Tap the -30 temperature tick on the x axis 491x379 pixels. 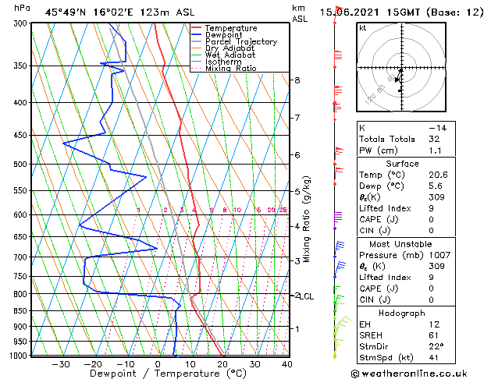[x=60, y=363]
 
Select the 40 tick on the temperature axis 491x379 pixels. [x=286, y=363]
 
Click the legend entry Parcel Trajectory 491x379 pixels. [x=240, y=42]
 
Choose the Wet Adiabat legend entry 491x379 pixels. [x=231, y=55]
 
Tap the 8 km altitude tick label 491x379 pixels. [x=297, y=80]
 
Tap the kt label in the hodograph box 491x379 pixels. [x=362, y=28]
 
